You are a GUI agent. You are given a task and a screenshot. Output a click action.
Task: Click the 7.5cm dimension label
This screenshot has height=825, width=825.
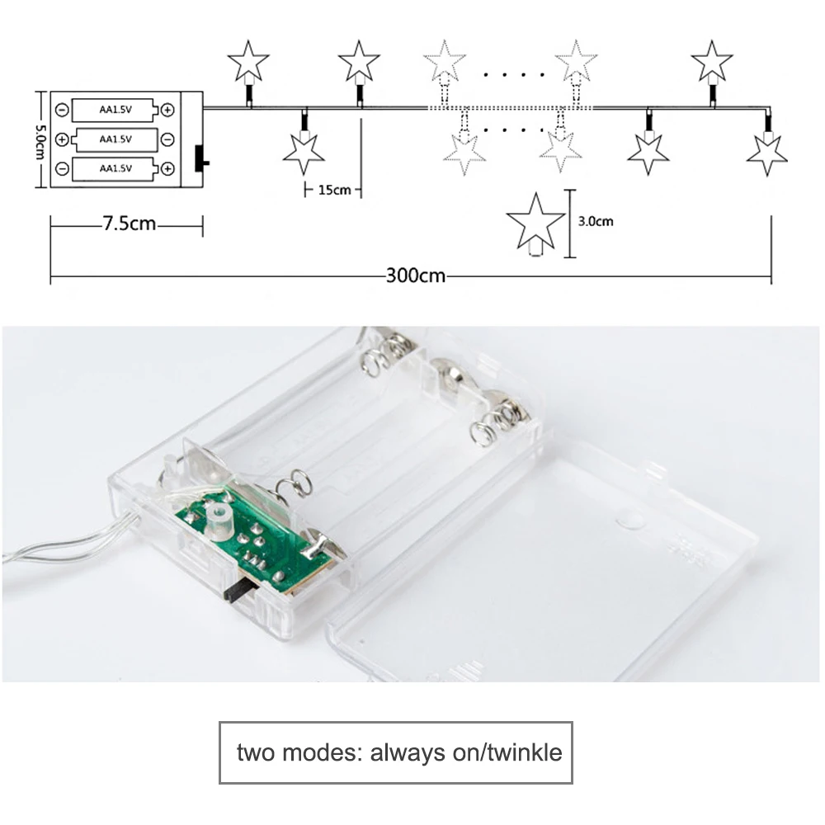coord(130,224)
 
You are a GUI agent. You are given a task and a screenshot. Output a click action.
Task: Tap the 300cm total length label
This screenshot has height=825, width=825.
coord(416,276)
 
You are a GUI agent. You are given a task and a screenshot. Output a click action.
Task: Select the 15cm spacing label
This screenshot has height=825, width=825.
coord(334,190)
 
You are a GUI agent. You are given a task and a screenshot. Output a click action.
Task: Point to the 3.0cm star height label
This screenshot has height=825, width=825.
coord(596,221)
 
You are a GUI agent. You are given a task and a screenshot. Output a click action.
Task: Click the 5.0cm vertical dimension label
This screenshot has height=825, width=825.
coord(40,142)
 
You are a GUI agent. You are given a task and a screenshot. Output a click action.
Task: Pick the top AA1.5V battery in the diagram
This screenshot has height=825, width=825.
coord(115,110)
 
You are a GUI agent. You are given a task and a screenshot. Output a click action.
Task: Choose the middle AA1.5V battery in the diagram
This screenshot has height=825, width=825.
coord(115,139)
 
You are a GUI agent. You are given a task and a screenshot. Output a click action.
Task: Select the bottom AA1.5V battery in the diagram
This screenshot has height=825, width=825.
coord(115,169)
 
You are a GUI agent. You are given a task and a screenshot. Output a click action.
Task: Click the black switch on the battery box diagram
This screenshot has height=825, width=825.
coord(201,158)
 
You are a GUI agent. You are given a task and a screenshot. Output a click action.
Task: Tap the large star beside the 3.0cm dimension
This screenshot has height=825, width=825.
coord(535,224)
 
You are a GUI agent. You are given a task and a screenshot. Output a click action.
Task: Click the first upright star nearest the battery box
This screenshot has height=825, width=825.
coord(248,62)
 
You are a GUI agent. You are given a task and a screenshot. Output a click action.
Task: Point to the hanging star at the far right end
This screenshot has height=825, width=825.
coord(767,153)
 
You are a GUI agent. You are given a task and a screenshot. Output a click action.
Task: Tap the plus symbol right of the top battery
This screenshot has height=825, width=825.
coord(167,110)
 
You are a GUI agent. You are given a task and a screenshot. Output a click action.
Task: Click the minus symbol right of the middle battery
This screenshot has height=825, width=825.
coord(167,139)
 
